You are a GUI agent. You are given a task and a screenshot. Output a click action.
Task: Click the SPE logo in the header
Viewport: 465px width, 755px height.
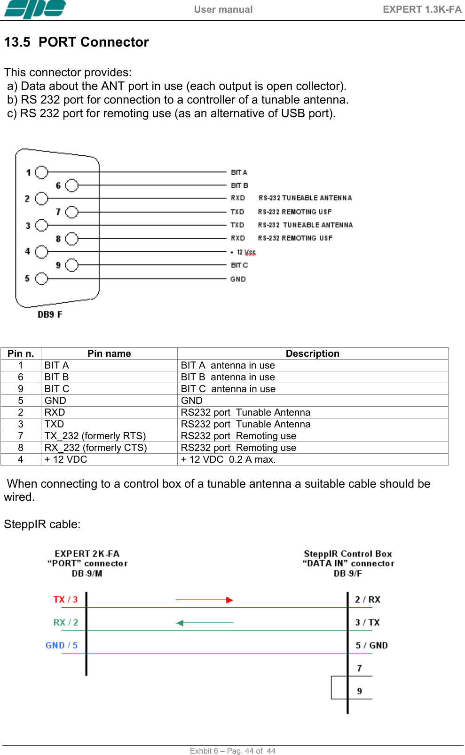[x=35, y=9]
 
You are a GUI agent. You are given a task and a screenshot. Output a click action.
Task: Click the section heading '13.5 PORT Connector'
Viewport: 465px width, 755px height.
[x=77, y=42]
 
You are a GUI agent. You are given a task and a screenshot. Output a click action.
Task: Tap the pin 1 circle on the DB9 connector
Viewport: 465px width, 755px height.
[x=42, y=172]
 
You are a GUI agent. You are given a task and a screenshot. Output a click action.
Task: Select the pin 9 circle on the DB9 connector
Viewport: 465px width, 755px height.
[x=71, y=265]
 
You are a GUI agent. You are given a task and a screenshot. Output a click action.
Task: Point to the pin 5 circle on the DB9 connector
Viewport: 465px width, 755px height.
[x=42, y=279]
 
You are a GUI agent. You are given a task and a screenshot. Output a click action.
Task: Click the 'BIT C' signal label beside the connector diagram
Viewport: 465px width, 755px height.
[x=239, y=265]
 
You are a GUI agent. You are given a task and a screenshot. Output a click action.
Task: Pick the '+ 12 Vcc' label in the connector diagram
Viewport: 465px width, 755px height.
[x=244, y=252]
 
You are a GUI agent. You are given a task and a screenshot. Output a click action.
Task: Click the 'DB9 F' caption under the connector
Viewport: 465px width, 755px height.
[x=50, y=314]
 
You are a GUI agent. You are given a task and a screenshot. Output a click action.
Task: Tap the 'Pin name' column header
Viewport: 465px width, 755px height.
[x=109, y=353]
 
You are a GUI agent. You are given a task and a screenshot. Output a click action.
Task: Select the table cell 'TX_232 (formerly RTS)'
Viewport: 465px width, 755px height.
[x=95, y=436]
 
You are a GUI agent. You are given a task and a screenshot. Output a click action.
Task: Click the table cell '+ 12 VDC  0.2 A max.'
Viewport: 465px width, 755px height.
[x=229, y=459]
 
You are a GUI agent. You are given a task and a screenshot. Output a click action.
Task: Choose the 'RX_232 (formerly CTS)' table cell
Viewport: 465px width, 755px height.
[x=96, y=448]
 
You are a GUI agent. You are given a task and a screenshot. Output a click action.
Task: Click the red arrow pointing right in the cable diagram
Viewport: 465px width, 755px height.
[x=205, y=600]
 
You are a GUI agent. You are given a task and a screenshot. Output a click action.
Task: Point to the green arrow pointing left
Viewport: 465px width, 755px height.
[x=205, y=623]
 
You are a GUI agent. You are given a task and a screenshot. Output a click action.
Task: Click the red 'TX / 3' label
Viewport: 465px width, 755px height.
[x=65, y=600]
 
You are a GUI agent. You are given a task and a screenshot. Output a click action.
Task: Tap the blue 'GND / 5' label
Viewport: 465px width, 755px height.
[x=62, y=645]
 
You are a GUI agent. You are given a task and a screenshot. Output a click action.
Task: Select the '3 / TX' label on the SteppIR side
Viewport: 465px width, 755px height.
[x=367, y=623]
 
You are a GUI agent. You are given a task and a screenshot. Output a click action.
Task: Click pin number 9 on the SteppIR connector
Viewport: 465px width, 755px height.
[x=360, y=691]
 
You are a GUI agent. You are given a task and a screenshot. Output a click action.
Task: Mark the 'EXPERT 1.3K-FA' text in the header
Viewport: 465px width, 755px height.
[x=422, y=9]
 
